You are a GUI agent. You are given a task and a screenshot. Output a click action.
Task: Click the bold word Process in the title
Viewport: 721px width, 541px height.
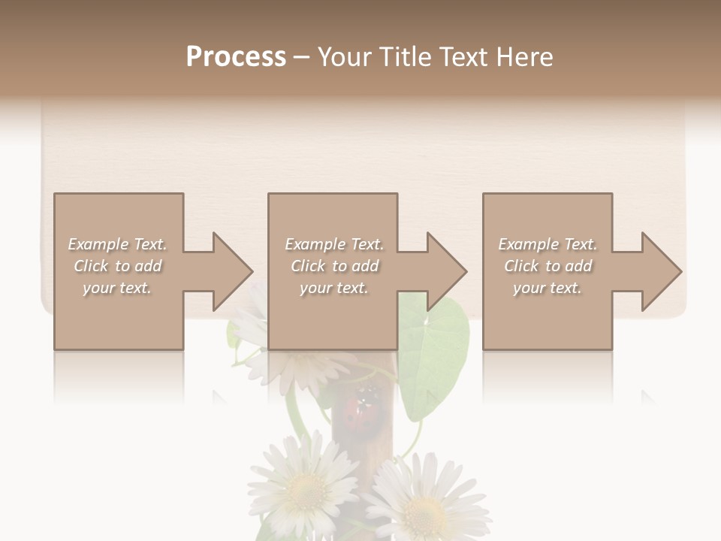click(236, 57)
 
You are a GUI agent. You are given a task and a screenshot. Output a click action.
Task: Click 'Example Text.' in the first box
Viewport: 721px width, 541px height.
click(117, 244)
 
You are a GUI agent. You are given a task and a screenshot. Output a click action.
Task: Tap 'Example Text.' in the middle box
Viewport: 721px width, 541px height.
click(334, 244)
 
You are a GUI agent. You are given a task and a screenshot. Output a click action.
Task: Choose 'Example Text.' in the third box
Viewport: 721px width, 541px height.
click(548, 244)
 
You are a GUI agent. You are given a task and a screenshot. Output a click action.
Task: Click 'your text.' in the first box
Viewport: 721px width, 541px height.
click(117, 288)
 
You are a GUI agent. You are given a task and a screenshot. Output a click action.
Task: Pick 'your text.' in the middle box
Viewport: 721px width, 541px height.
click(334, 288)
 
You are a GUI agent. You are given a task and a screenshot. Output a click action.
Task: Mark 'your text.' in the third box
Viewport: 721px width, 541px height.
click(548, 288)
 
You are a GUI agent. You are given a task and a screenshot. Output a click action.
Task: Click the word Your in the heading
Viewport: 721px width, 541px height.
click(342, 57)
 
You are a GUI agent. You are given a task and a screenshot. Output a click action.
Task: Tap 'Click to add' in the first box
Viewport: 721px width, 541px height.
click(117, 266)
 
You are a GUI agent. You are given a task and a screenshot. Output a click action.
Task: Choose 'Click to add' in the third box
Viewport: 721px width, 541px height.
click(548, 266)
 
